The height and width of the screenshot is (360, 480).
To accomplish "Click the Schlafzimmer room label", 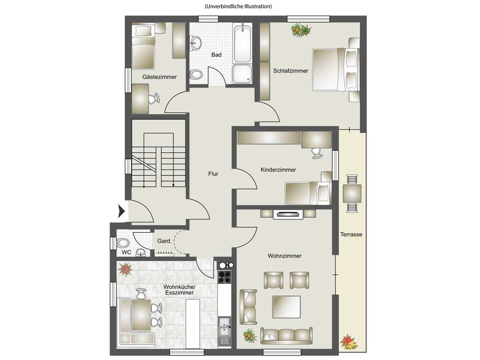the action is click(x=291, y=71).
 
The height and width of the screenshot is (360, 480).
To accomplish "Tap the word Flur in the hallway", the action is click(x=213, y=174).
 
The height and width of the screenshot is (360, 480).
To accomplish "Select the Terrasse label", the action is click(x=351, y=235).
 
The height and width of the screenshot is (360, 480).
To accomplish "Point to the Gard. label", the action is click(x=164, y=241).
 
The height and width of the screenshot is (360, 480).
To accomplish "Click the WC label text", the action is click(x=126, y=252).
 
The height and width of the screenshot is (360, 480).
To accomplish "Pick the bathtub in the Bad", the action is click(x=243, y=43).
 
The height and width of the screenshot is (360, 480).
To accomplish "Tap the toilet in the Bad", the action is click(x=196, y=74).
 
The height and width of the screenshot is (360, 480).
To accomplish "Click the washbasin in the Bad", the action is click(x=195, y=42).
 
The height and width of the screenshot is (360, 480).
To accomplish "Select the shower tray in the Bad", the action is click(x=242, y=74).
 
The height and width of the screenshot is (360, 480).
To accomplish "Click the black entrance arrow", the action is click(x=122, y=211).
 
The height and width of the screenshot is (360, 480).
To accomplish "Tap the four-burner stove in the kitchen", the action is click(x=224, y=277).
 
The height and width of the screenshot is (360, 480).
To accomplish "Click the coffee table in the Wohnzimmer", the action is click(x=286, y=307).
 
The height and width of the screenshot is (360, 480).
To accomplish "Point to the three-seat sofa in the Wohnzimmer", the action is click(x=286, y=336).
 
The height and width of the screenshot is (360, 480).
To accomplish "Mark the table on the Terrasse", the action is click(x=352, y=193).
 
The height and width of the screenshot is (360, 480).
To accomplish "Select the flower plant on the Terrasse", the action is click(x=349, y=341).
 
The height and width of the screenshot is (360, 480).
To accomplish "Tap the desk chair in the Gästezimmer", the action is click(x=154, y=99).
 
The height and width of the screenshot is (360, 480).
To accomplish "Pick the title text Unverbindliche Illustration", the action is click(x=238, y=6).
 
